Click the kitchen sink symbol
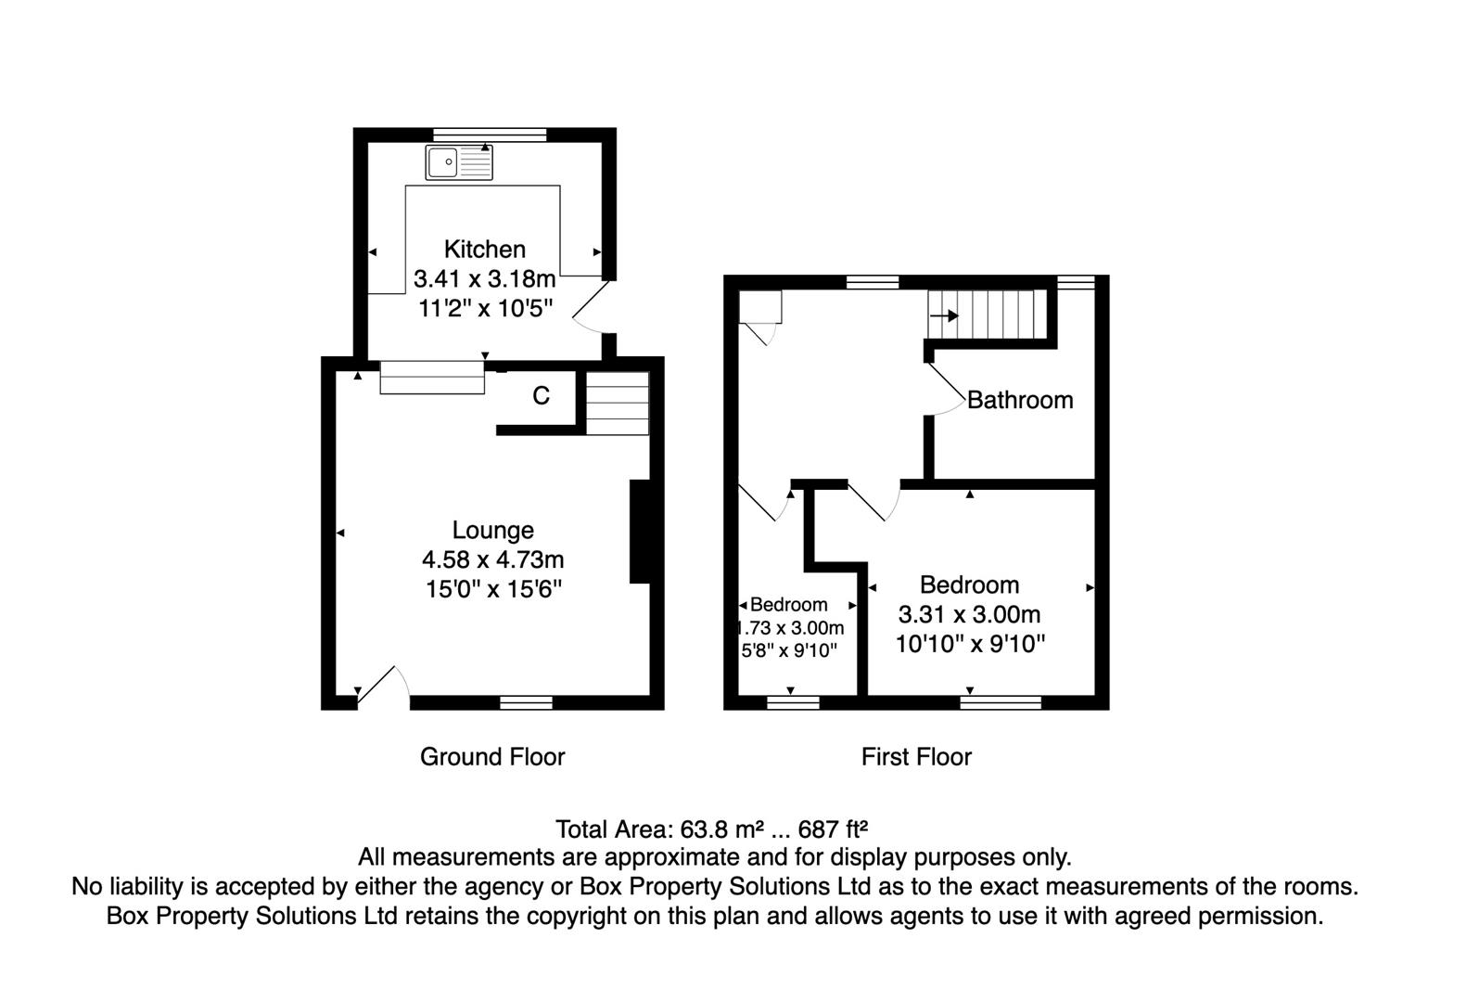pos(459,162)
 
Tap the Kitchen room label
pos(484,250)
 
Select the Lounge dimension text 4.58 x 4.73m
pos(492,559)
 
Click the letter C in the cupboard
pos(541,396)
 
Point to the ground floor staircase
pos(617,403)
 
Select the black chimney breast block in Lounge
pos(640,531)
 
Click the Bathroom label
pos(1020,400)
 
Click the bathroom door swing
pos(946,388)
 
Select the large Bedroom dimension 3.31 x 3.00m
pos(969,614)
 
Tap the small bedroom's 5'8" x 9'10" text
pos(789,650)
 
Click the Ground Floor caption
pos(492,757)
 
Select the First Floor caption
pos(916,757)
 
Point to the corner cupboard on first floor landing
pos(760,307)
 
